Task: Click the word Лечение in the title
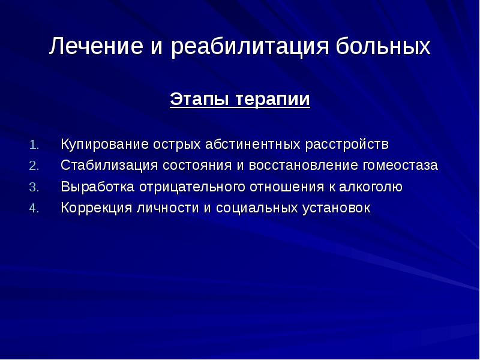96,46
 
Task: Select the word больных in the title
383,47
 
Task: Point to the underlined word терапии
273,100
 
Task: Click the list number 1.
34,145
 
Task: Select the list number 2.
34,166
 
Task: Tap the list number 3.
34,187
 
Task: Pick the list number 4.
34,208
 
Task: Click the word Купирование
104,145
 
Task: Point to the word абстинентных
253,144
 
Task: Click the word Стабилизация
109,166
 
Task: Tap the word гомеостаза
401,166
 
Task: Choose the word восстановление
304,166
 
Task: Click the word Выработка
98,187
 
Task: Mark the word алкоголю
371,187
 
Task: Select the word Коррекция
97,208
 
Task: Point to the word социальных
257,208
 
